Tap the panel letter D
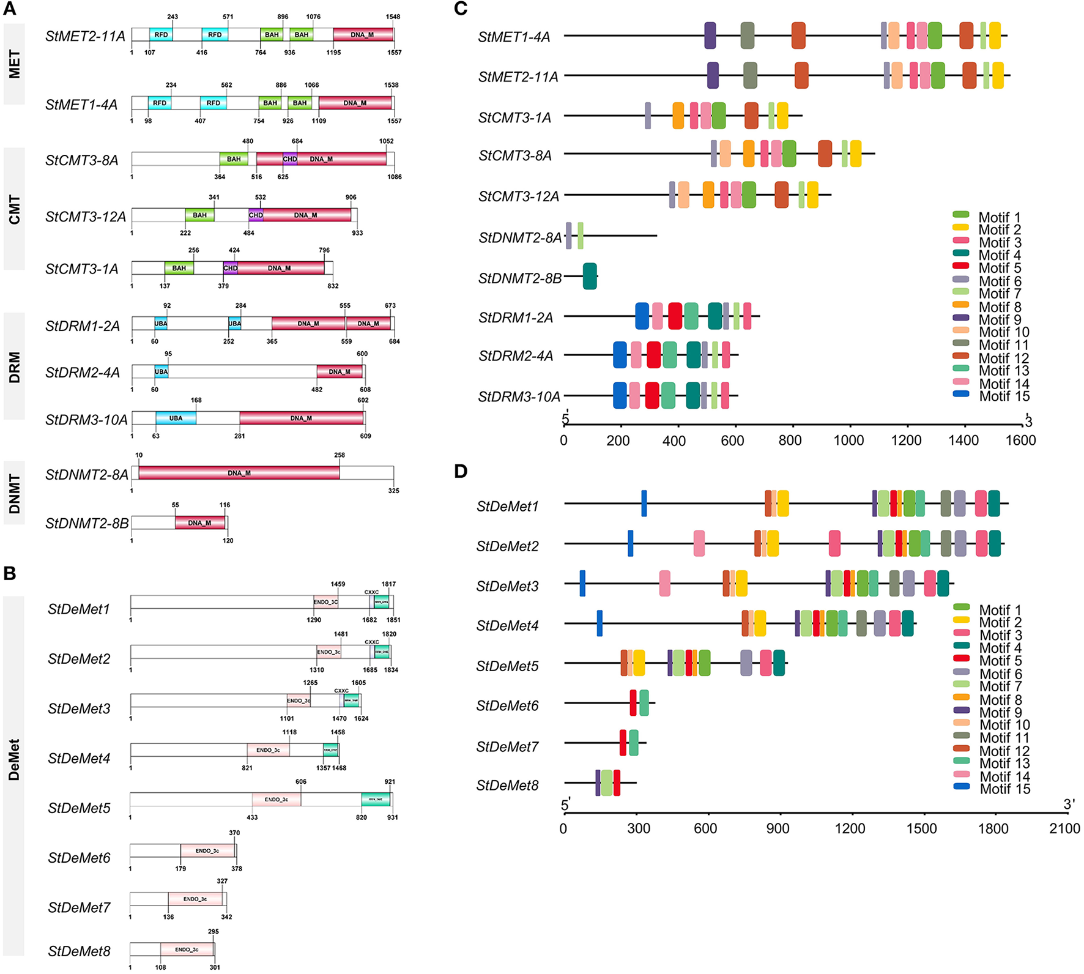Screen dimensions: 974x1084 [x=461, y=470]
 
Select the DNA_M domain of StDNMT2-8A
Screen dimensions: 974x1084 [x=239, y=473]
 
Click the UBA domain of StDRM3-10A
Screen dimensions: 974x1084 [x=176, y=418]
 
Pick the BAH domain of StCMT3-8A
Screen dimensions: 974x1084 [x=234, y=159]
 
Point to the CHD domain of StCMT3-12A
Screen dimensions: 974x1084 [x=256, y=215]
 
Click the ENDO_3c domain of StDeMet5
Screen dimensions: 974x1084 [x=276, y=799]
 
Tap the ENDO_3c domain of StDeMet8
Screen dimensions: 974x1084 [x=187, y=949]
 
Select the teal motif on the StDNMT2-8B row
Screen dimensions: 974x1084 [x=590, y=276]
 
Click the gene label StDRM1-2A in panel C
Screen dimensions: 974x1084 [x=516, y=318]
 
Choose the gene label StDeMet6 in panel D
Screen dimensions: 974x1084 [x=507, y=706]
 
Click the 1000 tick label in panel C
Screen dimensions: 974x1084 [x=848, y=441]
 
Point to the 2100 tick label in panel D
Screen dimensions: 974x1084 [x=1064, y=828]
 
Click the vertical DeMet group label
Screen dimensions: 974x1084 [x=14, y=759]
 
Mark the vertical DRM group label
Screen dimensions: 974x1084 [x=14, y=367]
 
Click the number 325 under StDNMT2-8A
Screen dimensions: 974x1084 [x=393, y=491]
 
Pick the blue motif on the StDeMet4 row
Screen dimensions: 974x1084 [x=600, y=623]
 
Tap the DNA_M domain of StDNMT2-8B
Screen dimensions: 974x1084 [x=199, y=523]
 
